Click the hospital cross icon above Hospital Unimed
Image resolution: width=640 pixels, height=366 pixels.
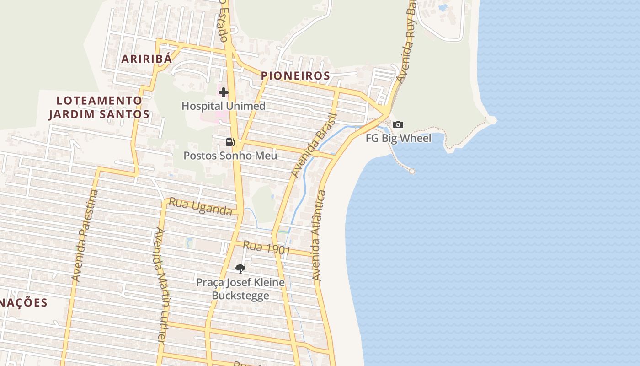[x=223, y=92]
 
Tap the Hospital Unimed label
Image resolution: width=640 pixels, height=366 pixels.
[x=223, y=106]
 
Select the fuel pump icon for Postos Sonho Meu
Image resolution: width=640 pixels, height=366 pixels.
[x=230, y=142]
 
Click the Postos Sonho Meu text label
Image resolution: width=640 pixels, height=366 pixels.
[x=230, y=156]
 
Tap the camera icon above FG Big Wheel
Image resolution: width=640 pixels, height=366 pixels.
[x=398, y=124]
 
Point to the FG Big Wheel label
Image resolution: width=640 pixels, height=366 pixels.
[x=398, y=138]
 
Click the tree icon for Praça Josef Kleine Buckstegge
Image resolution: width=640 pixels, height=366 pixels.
[x=240, y=269]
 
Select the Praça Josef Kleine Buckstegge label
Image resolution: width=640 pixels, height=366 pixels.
[x=240, y=289]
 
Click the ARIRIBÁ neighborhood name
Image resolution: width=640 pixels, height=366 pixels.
[x=147, y=59]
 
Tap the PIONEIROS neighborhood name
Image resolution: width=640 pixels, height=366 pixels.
[x=295, y=76]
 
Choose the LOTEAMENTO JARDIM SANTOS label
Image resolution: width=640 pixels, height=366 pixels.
[x=99, y=108]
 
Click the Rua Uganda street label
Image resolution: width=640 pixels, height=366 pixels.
[x=201, y=206]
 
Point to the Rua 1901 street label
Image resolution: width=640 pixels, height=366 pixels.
[x=267, y=248]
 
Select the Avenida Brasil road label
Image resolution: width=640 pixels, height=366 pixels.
[x=314, y=146]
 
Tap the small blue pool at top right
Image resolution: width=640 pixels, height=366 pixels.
[x=443, y=7]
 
